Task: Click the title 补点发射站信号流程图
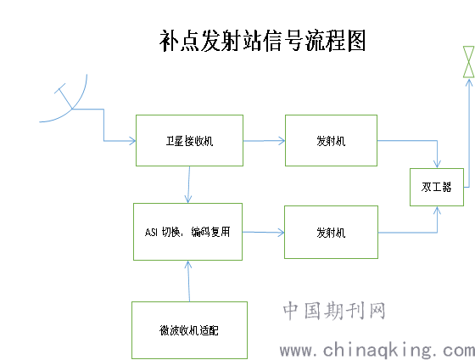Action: pyautogui.click(x=262, y=41)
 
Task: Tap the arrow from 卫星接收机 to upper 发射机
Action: pyautogui.click(x=264, y=141)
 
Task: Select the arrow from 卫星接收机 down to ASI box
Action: pyautogui.click(x=188, y=185)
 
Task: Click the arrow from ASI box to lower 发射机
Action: pyautogui.click(x=263, y=233)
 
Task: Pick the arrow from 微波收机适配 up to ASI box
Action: pyautogui.click(x=188, y=281)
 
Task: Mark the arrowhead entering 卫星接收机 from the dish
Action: pyautogui.click(x=132, y=141)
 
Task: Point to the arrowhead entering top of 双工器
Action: pyautogui.click(x=437, y=164)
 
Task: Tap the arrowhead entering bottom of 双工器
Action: pyautogui.click(x=437, y=211)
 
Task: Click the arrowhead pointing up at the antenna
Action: pyautogui.click(x=469, y=82)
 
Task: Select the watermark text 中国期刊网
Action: pyautogui.click(x=334, y=311)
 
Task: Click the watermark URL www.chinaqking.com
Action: pyautogui.click(x=377, y=351)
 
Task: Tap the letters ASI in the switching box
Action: pyautogui.click(x=152, y=233)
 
